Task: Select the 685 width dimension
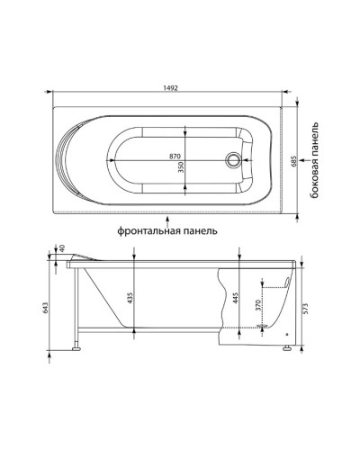294,161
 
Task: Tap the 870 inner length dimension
175,157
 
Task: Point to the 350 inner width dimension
181,166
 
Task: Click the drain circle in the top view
233,159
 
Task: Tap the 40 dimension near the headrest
62,248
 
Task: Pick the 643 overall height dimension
46,308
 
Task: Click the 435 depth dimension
130,298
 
